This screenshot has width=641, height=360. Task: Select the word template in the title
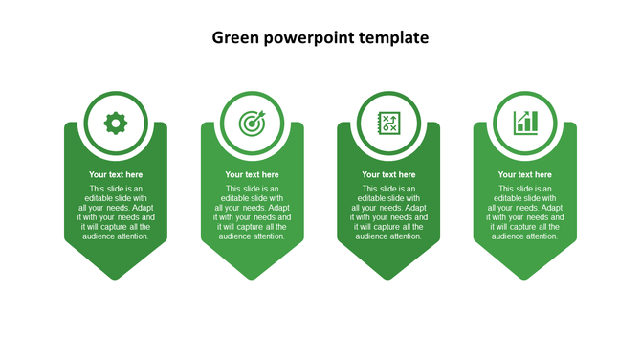tap(393, 38)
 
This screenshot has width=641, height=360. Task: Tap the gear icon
tap(116, 123)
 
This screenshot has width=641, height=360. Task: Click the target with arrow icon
tap(252, 123)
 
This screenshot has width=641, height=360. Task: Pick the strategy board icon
tap(388, 123)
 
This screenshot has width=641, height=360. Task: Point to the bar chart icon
tap(525, 123)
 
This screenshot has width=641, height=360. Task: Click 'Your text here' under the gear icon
tap(116, 175)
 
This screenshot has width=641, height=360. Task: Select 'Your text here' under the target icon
tap(252, 175)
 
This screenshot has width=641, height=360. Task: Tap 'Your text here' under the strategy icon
tap(388, 175)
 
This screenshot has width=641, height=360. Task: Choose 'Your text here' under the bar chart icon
tap(525, 175)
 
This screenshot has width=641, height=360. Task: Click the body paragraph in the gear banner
tap(116, 213)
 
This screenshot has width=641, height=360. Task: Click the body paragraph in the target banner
tap(252, 213)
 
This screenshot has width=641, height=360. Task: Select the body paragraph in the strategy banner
tap(388, 213)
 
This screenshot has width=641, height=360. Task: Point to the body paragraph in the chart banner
tap(525, 213)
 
